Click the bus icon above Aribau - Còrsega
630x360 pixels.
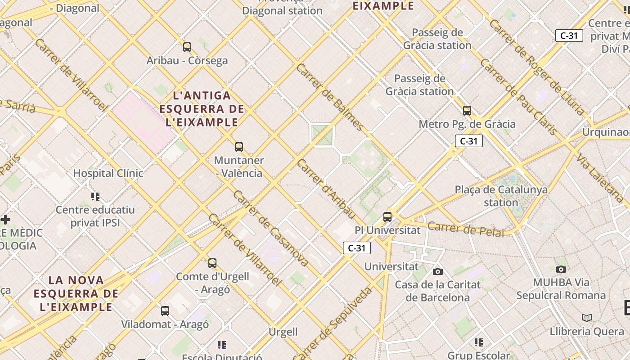(x=187, y=47)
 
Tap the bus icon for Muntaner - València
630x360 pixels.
(x=239, y=147)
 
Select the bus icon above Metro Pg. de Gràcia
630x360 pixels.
(x=467, y=110)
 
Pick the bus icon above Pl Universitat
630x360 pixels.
(x=387, y=216)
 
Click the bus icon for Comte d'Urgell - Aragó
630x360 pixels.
(x=212, y=263)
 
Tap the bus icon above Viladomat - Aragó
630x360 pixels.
(x=165, y=310)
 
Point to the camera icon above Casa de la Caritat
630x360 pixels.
(x=437, y=271)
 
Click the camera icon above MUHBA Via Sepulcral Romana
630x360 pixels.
(x=561, y=269)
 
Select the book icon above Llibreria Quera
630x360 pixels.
(x=587, y=318)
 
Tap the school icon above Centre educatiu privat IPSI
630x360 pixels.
(x=95, y=196)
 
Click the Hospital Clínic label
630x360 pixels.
(x=108, y=173)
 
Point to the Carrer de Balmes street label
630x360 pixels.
(x=329, y=97)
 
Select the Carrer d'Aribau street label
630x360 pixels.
(x=326, y=189)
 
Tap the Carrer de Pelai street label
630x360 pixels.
(x=466, y=229)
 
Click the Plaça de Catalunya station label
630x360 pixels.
(x=501, y=196)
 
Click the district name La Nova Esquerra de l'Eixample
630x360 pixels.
(x=76, y=293)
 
